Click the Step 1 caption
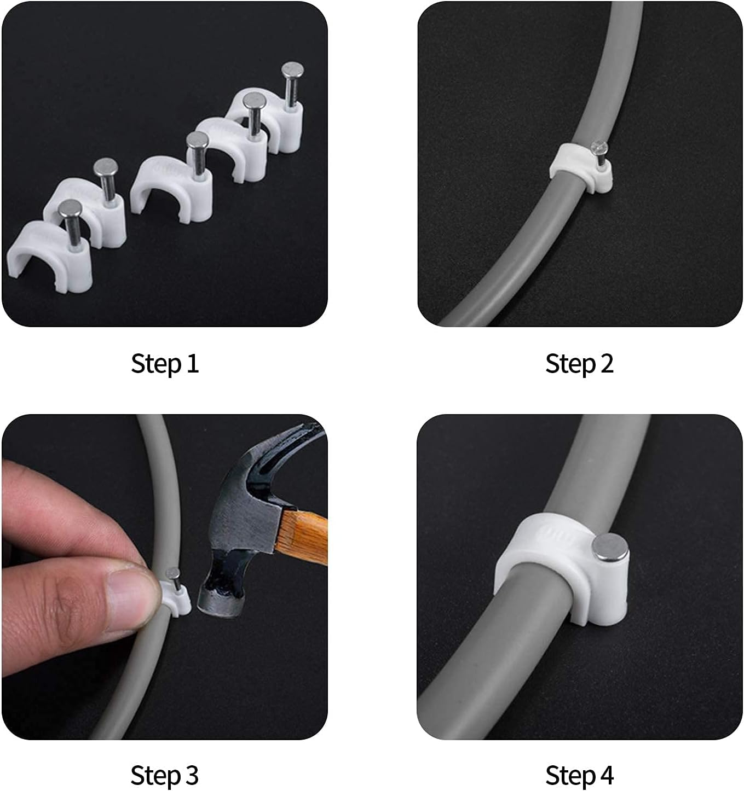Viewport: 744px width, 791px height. click(165, 364)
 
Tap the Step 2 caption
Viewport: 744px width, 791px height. click(579, 364)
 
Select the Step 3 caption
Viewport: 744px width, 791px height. click(165, 775)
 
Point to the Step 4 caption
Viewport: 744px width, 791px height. click(579, 775)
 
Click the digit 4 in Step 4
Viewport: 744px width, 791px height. click(606, 776)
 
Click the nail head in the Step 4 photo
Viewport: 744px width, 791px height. click(611, 548)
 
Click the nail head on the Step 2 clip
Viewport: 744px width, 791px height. click(599, 147)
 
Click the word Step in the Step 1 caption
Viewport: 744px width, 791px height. click(157, 364)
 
